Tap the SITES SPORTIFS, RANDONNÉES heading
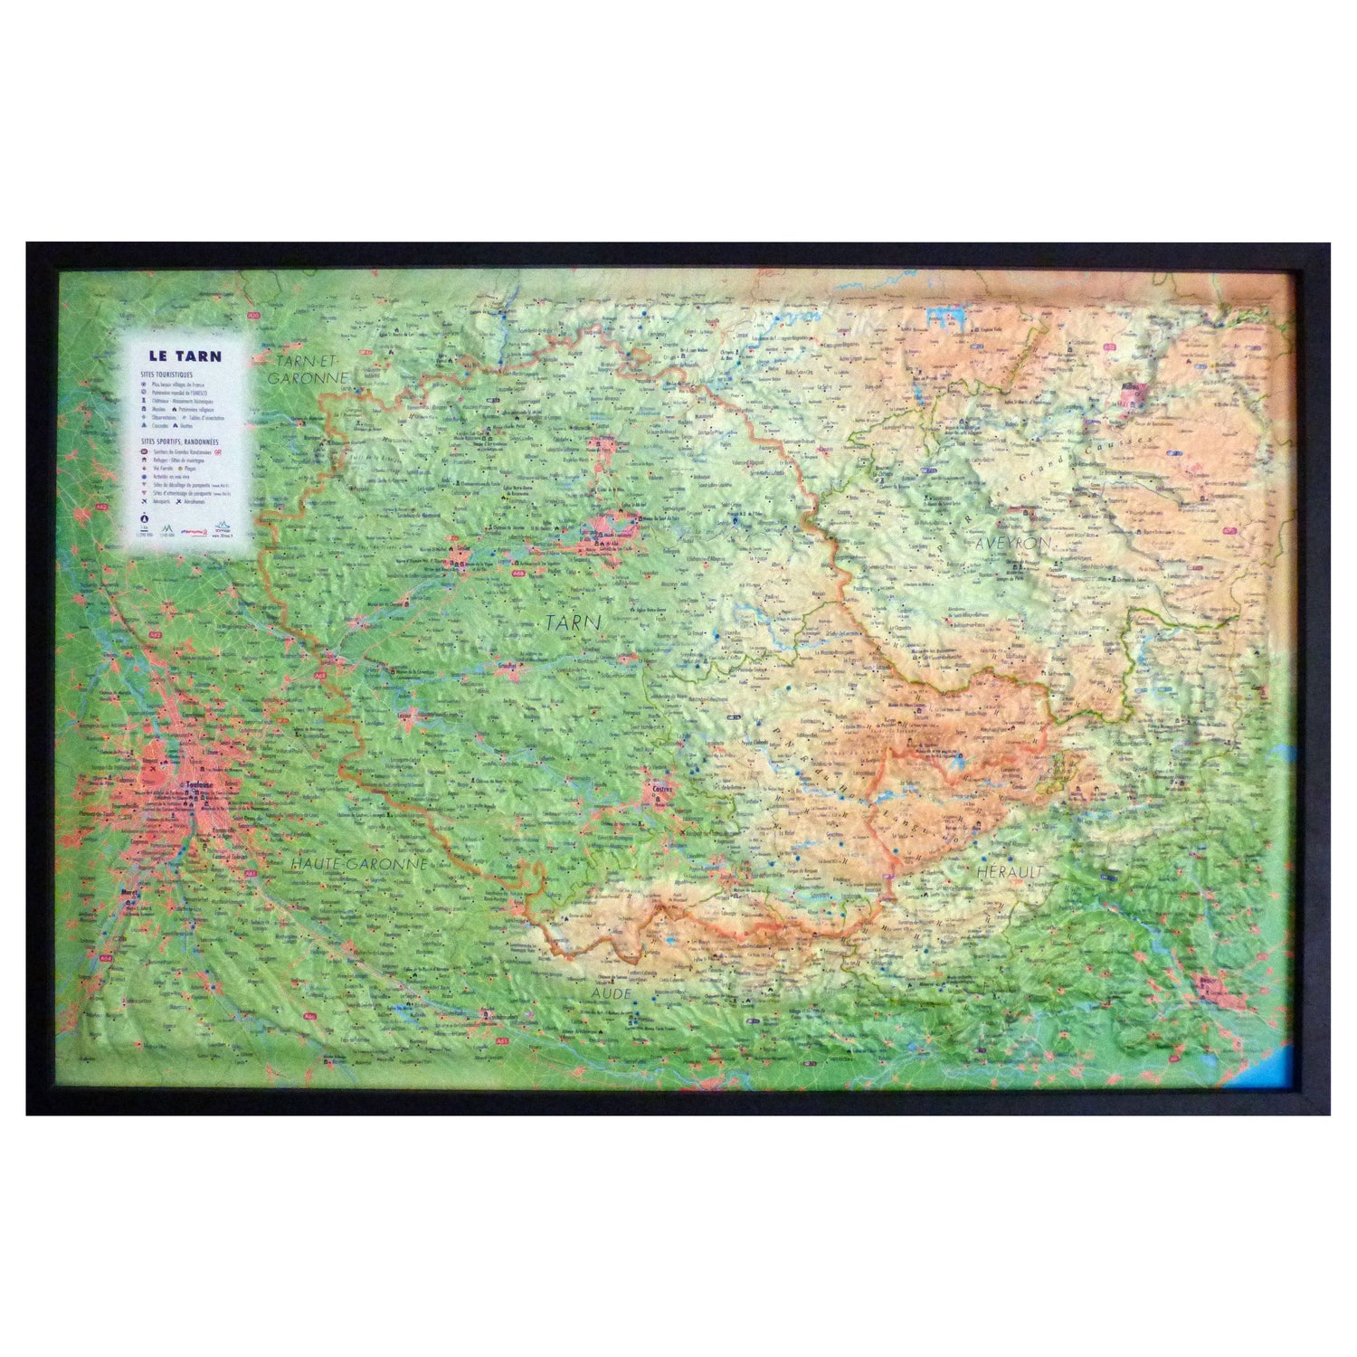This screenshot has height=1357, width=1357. pos(178,441)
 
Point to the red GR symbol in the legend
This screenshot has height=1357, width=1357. pos(218,450)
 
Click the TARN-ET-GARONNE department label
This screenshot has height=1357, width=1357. pos(307,368)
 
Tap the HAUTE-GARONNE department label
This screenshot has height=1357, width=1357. pos(357,864)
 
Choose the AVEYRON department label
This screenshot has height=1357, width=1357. pos(1011,541)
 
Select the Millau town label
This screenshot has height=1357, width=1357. pos(1128,388)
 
